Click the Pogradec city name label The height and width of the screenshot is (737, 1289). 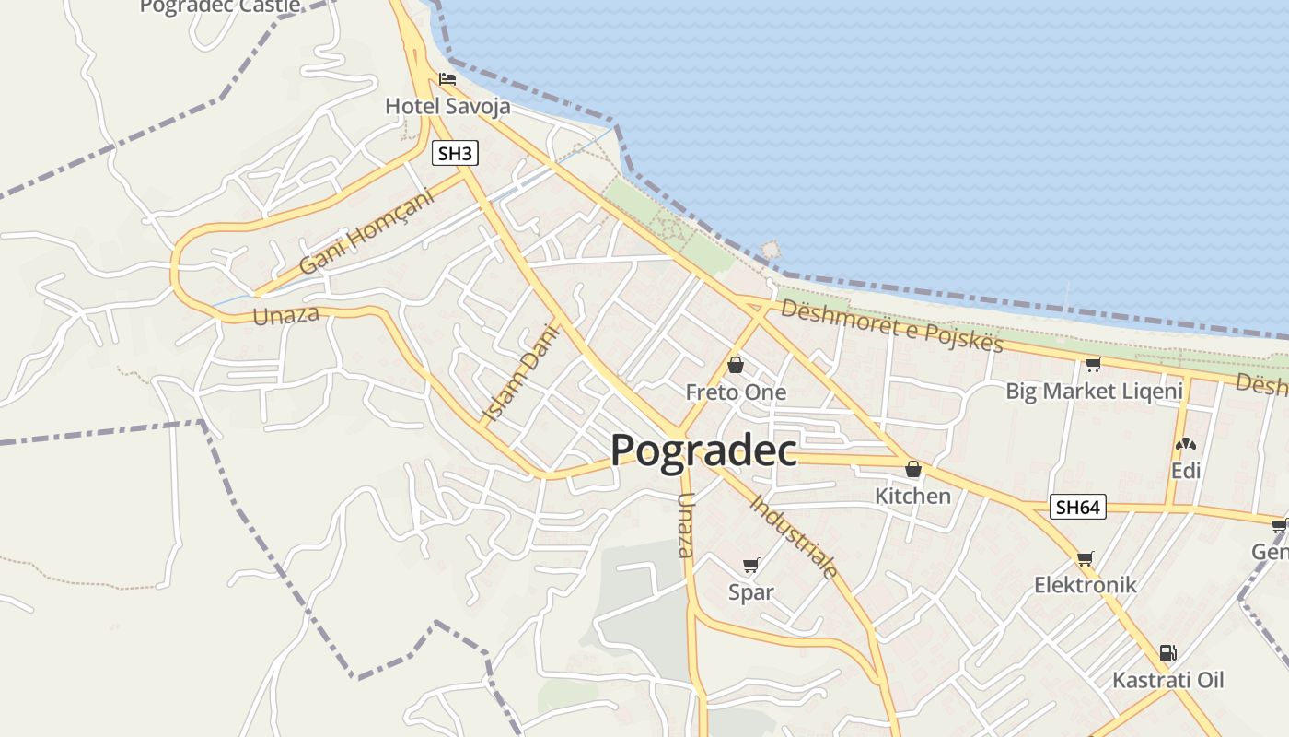703,450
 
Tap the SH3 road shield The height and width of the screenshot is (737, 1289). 455,153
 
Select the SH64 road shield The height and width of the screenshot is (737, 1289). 1078,507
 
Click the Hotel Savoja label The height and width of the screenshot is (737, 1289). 447,107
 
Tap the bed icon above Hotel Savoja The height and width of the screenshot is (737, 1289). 447,79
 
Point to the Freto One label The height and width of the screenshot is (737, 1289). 736,392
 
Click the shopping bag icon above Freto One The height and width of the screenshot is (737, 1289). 736,365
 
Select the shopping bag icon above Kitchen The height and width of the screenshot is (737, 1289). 912,469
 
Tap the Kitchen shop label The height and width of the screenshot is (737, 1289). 912,497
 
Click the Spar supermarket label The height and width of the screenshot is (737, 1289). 750,592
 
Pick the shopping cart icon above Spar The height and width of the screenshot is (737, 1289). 750,565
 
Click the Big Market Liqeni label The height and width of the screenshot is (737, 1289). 1094,392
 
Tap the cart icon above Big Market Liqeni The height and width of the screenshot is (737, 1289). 1093,364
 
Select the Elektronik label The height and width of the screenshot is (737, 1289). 1085,585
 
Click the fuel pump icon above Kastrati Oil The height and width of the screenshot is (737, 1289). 1167,653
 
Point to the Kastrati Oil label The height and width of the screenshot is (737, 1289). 1167,681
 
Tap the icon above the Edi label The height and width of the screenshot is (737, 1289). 1186,444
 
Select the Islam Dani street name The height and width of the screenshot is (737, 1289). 521,373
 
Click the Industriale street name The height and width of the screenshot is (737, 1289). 794,537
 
